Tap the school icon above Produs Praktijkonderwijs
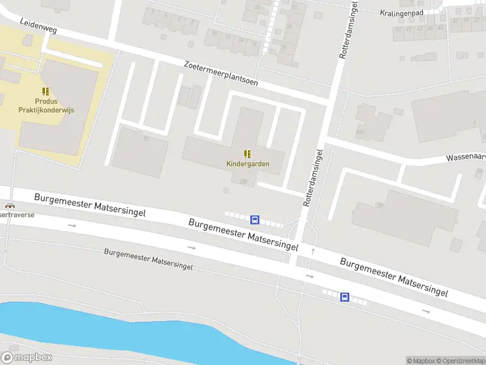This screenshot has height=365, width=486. [46, 91]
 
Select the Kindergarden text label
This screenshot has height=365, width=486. [247, 164]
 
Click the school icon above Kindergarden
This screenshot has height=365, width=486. [247, 153]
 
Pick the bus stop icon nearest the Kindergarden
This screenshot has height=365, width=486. [256, 220]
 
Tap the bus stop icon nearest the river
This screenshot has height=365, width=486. [344, 297]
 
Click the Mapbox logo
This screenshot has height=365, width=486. [26, 358]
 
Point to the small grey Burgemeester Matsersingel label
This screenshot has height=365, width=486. [148, 259]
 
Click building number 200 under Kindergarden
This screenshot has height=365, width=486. [243, 182]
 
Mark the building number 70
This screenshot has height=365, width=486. [146, 139]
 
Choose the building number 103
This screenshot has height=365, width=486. [360, 132]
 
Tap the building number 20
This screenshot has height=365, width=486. [380, 206]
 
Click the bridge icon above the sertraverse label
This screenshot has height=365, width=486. [9, 206]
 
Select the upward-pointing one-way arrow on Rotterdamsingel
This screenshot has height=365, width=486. [312, 250]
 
